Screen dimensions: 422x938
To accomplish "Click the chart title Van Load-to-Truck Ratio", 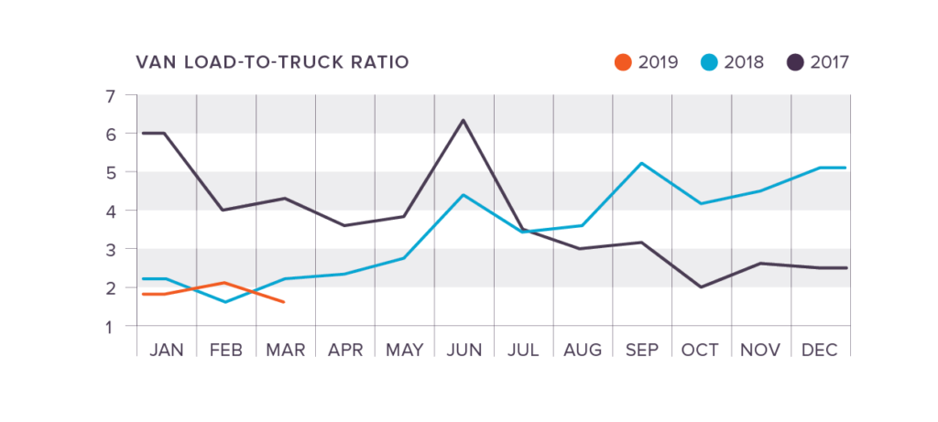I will pyautogui.click(x=272, y=62).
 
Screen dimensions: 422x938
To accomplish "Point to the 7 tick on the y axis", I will pyautogui.click(x=110, y=95).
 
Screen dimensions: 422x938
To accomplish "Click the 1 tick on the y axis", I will pyautogui.click(x=110, y=326).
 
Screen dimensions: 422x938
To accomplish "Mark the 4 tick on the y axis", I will pyautogui.click(x=110, y=211).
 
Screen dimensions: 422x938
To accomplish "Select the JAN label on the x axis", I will pyautogui.click(x=166, y=351).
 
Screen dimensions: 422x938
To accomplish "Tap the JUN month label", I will pyautogui.click(x=464, y=351).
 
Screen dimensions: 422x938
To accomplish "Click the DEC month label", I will pyautogui.click(x=821, y=351).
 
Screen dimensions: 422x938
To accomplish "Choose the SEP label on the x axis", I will pyautogui.click(x=642, y=351).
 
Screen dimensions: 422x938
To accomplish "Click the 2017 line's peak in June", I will pyautogui.click(x=464, y=120).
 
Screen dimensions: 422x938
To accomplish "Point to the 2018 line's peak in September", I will pyautogui.click(x=642, y=163).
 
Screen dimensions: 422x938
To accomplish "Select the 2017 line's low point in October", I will pyautogui.click(x=702, y=287).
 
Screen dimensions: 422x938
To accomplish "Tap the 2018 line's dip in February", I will pyautogui.click(x=225, y=302).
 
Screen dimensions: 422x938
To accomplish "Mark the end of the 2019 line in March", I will pyautogui.click(x=285, y=302).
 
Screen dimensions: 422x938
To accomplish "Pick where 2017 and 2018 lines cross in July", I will pyautogui.click(x=524, y=230).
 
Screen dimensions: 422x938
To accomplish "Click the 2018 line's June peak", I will pyautogui.click(x=464, y=195).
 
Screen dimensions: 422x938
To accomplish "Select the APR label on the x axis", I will pyautogui.click(x=344, y=351).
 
